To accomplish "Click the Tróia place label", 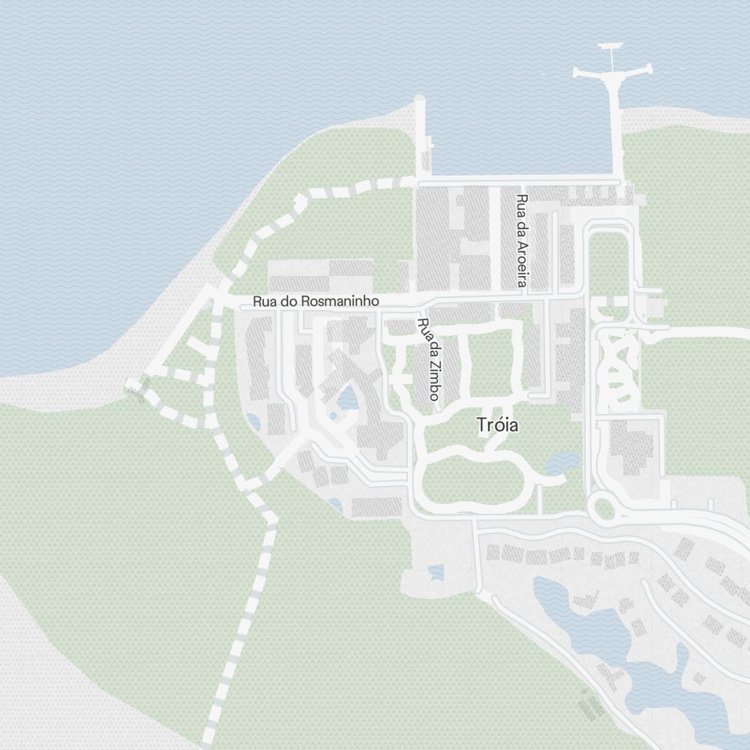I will pyautogui.click(x=497, y=425).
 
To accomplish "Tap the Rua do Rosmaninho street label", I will pyautogui.click(x=316, y=301).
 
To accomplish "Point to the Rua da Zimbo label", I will pyautogui.click(x=428, y=359).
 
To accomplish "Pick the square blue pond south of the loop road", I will pyautogui.click(x=435, y=574).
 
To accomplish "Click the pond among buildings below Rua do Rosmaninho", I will pyautogui.click(x=347, y=397).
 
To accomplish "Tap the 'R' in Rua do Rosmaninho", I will pyautogui.click(x=257, y=301).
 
